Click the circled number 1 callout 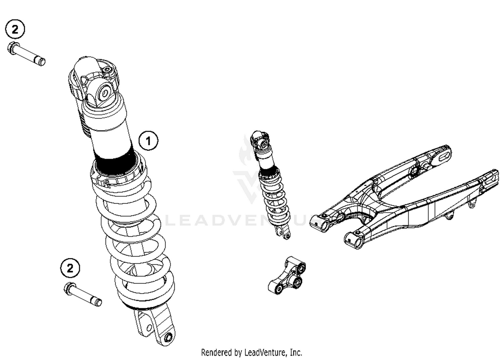[x=149, y=141]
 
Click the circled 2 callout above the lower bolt [x=70, y=268]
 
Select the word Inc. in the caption [x=296, y=352]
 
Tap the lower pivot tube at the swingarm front [x=353, y=241]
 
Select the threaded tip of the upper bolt [x=41, y=62]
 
